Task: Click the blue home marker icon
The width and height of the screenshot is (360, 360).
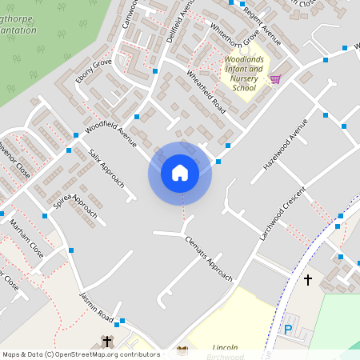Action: pyautogui.click(x=180, y=173)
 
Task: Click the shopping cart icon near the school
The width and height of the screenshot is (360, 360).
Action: pyautogui.click(x=275, y=79)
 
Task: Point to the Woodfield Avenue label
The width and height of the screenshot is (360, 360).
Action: pyautogui.click(x=110, y=133)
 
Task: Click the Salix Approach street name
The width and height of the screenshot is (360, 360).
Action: pyautogui.click(x=106, y=167)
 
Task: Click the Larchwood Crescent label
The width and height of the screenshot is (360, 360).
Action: pyautogui.click(x=282, y=214)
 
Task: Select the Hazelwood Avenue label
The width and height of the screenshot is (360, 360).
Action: pyautogui.click(x=285, y=144)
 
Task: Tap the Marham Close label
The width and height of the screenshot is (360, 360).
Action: pyautogui.click(x=26, y=238)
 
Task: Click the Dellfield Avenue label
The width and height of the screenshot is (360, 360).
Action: pyautogui.click(x=181, y=22)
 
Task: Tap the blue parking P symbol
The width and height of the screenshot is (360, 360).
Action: pyautogui.click(x=288, y=329)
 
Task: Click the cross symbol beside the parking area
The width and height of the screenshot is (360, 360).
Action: pyautogui.click(x=308, y=279)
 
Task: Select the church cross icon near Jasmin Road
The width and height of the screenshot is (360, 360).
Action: pyautogui.click(x=107, y=342)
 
